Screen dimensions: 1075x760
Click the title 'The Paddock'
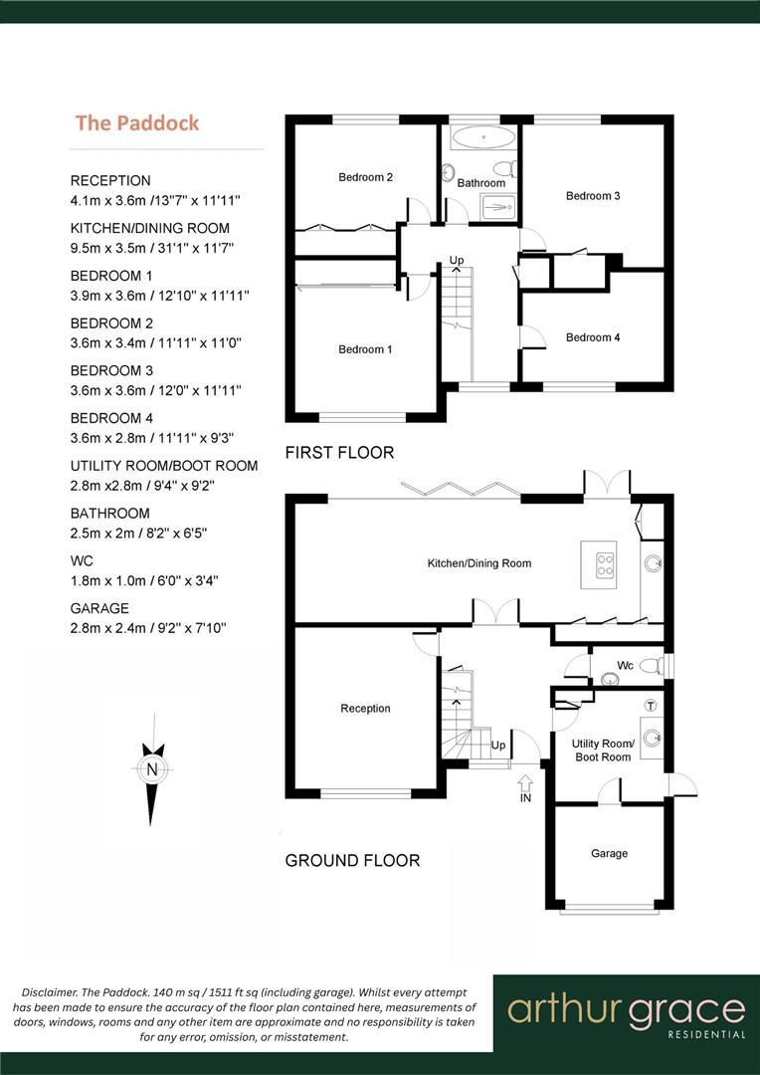click(x=137, y=123)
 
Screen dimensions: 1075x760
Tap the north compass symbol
click(x=151, y=767)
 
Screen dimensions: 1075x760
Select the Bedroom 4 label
click(x=593, y=337)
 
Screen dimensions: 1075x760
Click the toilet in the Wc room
click(x=652, y=665)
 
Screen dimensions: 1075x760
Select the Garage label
click(x=609, y=853)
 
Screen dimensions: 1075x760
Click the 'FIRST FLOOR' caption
click(x=339, y=453)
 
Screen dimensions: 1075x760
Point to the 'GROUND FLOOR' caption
click(x=352, y=860)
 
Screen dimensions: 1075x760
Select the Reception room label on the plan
click(x=365, y=709)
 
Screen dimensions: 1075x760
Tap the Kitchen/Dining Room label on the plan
click(x=478, y=563)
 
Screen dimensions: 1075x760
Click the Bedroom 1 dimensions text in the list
click(x=159, y=296)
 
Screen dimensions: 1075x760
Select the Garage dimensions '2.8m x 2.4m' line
click(x=148, y=627)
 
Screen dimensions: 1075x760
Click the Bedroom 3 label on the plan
click(x=593, y=196)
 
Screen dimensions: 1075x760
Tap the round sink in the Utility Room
click(x=653, y=738)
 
